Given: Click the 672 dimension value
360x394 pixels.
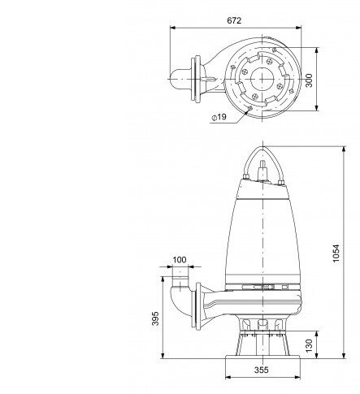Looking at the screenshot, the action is (x=234, y=20).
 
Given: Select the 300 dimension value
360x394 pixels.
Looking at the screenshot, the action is (x=309, y=80).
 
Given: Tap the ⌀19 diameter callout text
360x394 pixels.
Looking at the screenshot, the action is (x=219, y=117).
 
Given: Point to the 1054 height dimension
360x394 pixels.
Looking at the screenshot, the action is (x=336, y=253).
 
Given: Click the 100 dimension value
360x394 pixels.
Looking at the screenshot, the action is (x=180, y=260).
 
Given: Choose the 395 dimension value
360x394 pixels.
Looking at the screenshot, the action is (x=155, y=318).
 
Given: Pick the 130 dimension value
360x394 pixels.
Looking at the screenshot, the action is (x=309, y=346).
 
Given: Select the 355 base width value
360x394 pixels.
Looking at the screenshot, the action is (x=262, y=370).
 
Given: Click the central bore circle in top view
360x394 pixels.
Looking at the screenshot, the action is (x=262, y=79).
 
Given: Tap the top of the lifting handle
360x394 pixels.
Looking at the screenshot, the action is (x=263, y=147).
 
